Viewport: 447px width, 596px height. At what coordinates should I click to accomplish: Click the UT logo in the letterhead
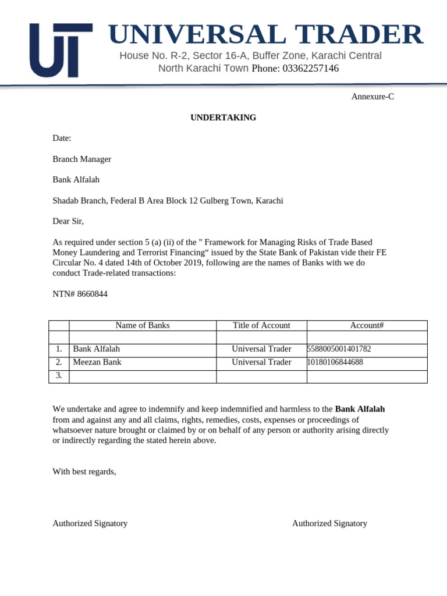pos(61,51)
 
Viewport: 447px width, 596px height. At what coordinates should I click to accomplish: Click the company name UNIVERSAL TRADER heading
pos(265,35)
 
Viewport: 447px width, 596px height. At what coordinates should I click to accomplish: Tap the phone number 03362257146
pos(310,69)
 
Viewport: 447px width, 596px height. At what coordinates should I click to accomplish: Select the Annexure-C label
pos(372,97)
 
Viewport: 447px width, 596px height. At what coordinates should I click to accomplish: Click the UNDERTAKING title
pos(223,118)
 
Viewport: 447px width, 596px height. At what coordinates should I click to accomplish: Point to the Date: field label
pos(62,139)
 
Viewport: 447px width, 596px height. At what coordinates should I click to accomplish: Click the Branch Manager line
pos(82,159)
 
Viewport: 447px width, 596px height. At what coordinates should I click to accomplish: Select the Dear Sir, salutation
pos(69,221)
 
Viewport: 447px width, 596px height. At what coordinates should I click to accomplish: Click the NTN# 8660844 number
pos(80,295)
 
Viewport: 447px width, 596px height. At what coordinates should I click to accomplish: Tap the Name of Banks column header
pos(143,325)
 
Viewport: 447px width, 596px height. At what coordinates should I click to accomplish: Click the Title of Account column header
pos(261,325)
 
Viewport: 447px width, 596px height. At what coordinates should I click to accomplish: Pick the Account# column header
pos(367,325)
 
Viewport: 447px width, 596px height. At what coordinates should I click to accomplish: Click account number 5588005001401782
pos(339,349)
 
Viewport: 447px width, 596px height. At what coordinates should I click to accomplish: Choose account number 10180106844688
pos(335,362)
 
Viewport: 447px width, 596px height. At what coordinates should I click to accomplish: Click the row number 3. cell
pos(59,375)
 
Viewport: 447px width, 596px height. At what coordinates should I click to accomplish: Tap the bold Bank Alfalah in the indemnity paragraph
pos(360,409)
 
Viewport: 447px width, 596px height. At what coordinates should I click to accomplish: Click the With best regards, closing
pos(84,471)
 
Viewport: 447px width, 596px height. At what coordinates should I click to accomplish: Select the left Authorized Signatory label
pos(90,523)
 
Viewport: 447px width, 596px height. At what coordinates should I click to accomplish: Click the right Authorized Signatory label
pos(329,523)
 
